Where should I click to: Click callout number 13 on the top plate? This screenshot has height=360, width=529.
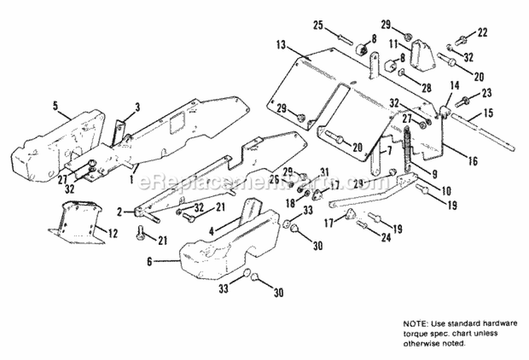[x=281, y=45]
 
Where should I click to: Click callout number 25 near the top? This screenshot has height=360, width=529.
[x=318, y=26]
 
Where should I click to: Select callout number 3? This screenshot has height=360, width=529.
[x=138, y=107]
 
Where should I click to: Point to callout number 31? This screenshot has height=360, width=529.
[x=324, y=172]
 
